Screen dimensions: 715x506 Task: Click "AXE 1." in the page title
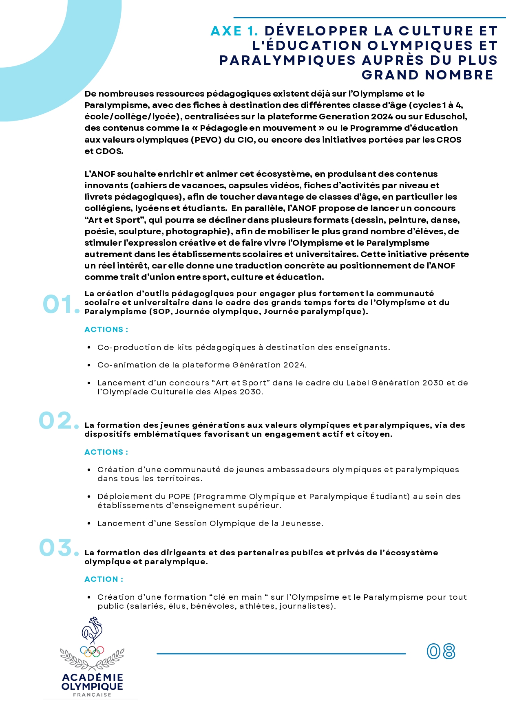234,31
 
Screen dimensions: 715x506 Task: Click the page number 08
441,651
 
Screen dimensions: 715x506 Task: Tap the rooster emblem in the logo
92,630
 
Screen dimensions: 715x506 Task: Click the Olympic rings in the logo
92,651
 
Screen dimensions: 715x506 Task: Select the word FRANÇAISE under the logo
92,695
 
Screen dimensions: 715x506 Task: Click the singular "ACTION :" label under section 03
104,579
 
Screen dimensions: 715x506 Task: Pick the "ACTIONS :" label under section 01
106,329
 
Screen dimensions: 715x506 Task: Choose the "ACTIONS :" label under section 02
106,452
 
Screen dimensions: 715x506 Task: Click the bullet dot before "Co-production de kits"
89,348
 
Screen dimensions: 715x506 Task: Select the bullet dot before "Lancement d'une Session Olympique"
89,524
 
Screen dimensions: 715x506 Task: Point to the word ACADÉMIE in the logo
92,677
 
